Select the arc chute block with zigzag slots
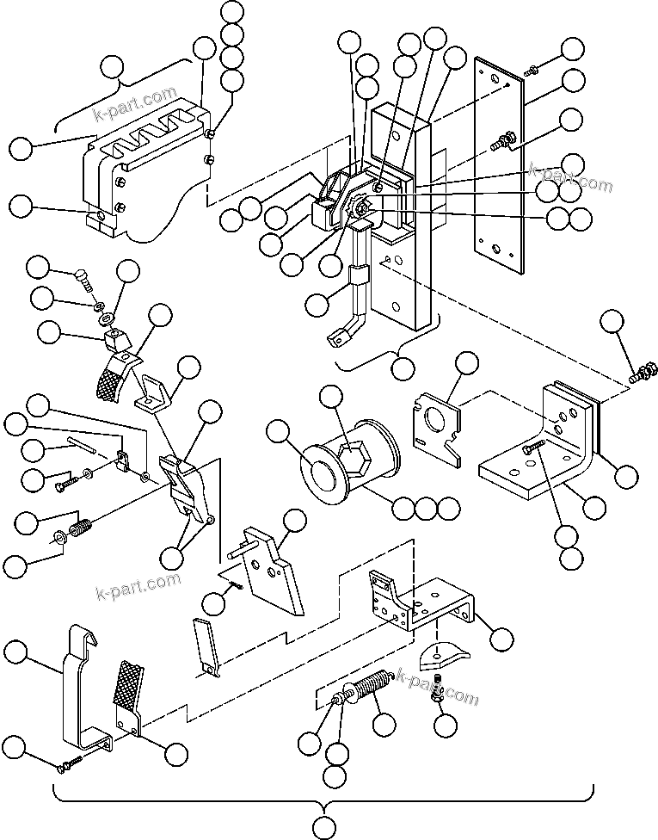[146, 164]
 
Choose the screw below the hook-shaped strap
[68, 763]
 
